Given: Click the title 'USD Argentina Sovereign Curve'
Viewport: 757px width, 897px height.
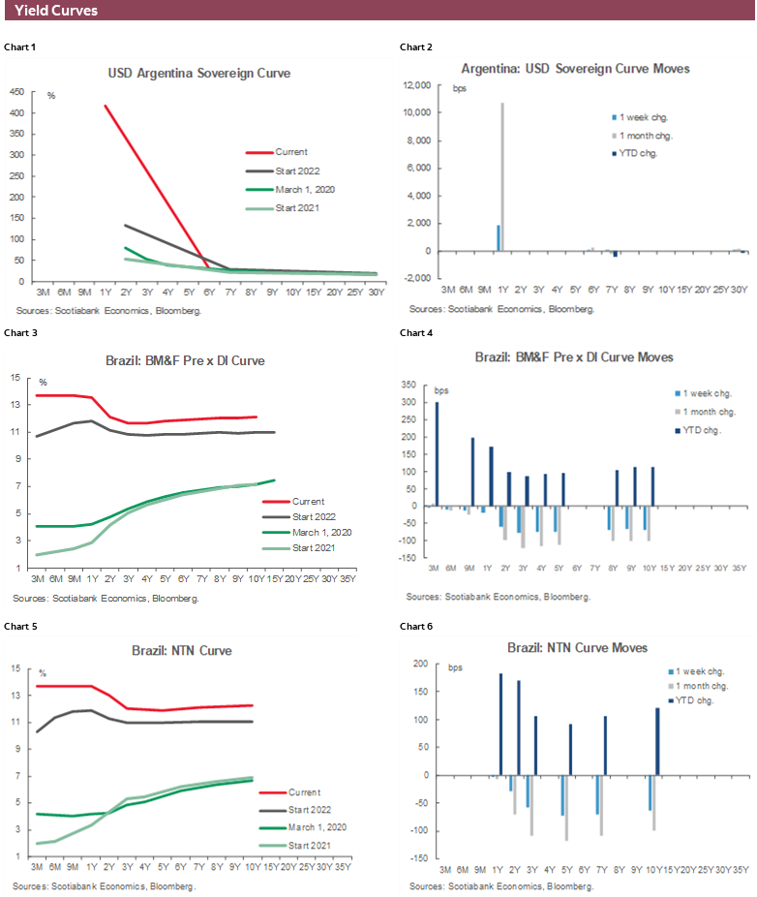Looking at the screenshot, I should coord(198,73).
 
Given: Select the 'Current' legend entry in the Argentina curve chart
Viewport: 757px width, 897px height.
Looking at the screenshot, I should coord(291,152).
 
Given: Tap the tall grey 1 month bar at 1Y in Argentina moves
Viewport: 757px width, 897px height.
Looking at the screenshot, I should coord(502,176).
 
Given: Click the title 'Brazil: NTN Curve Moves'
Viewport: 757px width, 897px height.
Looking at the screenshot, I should coord(577,647).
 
